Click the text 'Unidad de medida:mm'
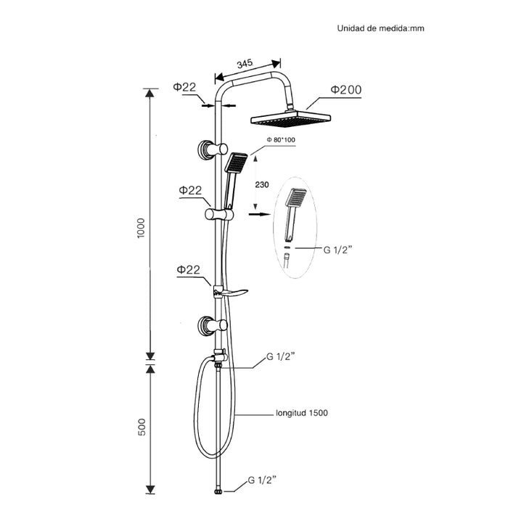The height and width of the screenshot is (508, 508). tap(380, 29)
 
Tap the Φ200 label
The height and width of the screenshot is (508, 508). tap(345, 89)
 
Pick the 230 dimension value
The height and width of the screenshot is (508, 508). tap(263, 184)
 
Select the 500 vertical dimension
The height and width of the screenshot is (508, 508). tap(142, 427)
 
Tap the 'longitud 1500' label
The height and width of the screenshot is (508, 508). tap(301, 413)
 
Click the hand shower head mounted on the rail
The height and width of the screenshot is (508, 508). tap(236, 163)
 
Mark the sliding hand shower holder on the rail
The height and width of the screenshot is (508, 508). tap(219, 214)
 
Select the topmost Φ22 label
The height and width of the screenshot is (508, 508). tap(184, 87)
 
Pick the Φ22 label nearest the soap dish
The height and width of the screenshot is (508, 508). tap(187, 269)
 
